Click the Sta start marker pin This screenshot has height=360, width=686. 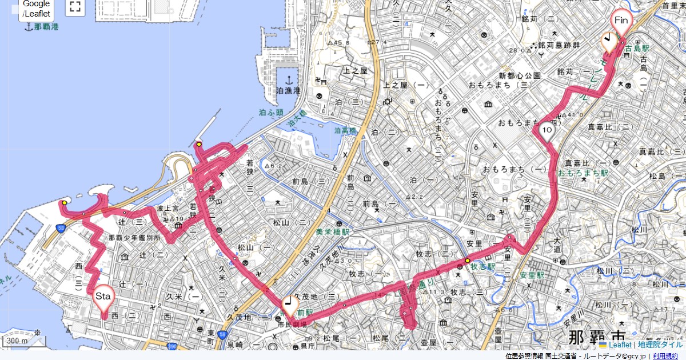pos(103,297)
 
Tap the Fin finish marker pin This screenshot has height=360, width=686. pos(621,22)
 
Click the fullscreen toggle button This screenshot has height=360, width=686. pos(74,7)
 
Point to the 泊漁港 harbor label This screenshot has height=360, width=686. pos(288,91)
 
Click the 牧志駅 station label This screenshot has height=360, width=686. pos(482,266)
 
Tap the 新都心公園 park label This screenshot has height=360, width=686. pos(520,75)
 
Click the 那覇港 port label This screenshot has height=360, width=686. pos(46,27)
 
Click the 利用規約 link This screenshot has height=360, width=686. pos(665,356)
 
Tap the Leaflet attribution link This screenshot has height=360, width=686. pos(619,345)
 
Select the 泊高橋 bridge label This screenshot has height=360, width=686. pos(345,131)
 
